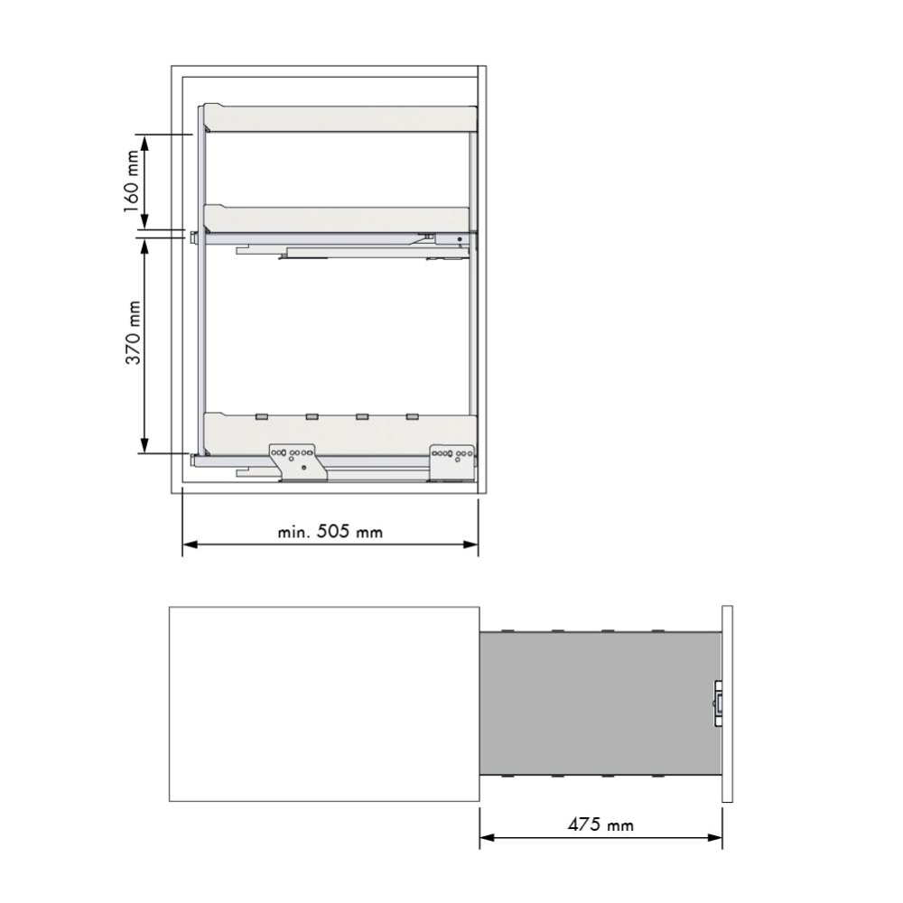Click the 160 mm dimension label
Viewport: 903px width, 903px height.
(132, 182)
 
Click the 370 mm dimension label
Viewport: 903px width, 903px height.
(133, 334)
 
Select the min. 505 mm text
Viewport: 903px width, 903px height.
(330, 532)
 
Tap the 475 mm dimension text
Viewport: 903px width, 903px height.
(600, 825)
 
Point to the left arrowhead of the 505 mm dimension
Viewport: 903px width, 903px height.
(190, 545)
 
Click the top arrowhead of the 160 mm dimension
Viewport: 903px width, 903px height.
(144, 140)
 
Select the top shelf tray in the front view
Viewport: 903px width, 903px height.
(340, 118)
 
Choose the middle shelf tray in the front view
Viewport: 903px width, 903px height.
(338, 219)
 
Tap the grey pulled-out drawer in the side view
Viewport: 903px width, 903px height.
(600, 703)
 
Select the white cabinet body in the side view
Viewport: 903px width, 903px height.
(323, 703)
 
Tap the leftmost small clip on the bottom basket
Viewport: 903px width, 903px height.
(261, 416)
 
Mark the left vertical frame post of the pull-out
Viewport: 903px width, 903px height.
(201, 289)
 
